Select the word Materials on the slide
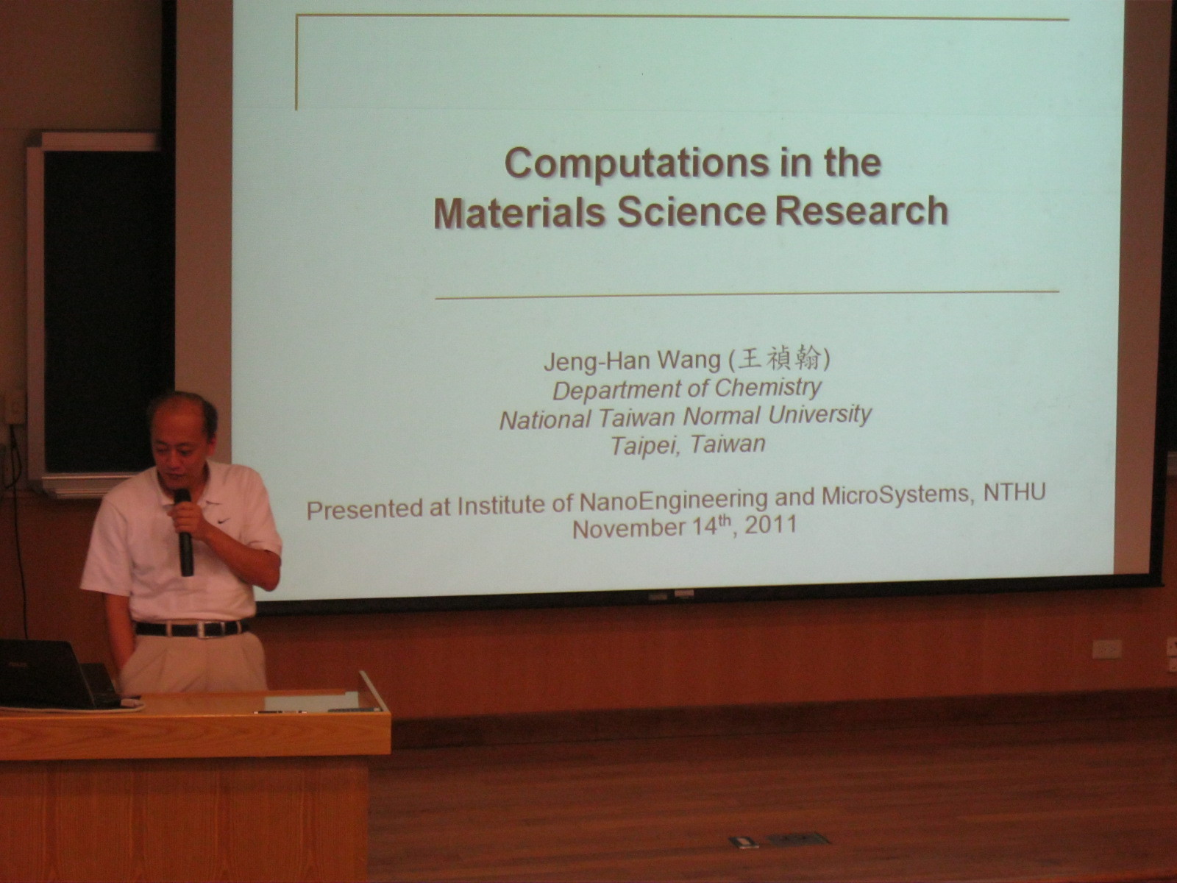(519, 213)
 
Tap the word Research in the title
(861, 210)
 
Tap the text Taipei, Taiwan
(688, 444)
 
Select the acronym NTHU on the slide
(1014, 493)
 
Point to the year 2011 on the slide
(771, 525)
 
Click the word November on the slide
(629, 528)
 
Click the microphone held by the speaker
(184, 531)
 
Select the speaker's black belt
(192, 628)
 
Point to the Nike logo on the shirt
(223, 520)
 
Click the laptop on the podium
(58, 674)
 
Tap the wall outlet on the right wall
(1106, 649)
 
